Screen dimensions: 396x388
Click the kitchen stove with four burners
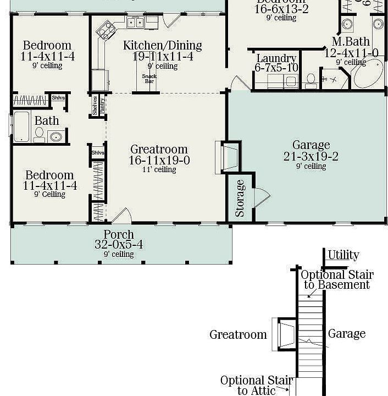click(x=106, y=30)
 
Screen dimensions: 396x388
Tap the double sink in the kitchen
click(x=135, y=23)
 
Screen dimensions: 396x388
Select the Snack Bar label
click(x=148, y=79)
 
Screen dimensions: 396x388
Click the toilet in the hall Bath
click(x=40, y=134)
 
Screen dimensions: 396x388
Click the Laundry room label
click(x=276, y=58)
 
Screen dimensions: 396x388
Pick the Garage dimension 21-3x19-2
click(x=311, y=157)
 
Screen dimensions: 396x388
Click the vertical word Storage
click(x=240, y=198)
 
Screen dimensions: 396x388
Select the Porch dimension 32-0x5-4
click(x=119, y=244)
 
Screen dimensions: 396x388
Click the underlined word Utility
click(x=343, y=255)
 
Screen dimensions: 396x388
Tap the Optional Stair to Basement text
click(x=337, y=280)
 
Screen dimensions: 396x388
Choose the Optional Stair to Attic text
click(x=257, y=386)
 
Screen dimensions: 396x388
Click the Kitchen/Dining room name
click(x=162, y=45)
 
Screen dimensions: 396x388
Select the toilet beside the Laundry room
click(x=311, y=80)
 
